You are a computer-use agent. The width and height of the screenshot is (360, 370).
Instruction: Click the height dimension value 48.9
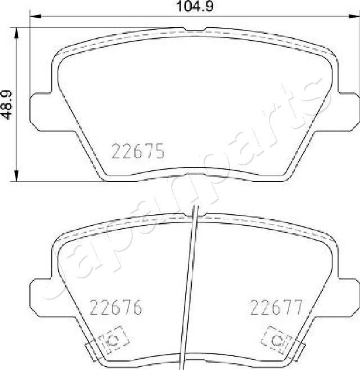pyautogui.click(x=7, y=105)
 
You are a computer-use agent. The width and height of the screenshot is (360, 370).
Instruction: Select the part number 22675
pyautogui.click(x=138, y=151)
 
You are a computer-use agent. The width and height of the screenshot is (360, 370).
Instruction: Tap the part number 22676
pyautogui.click(x=116, y=308)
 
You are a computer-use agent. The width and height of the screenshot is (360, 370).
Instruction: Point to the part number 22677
pyautogui.click(x=276, y=308)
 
